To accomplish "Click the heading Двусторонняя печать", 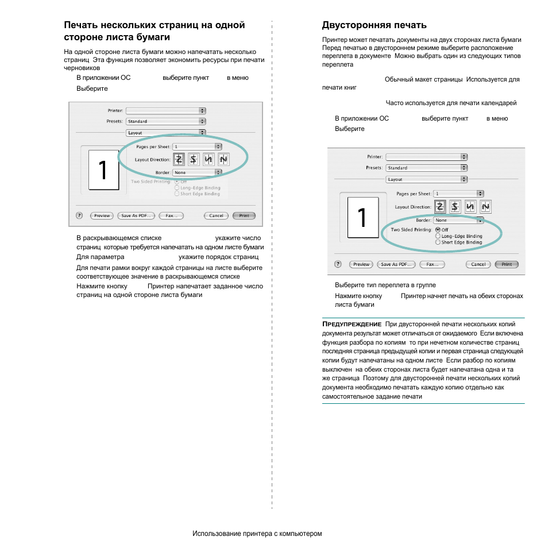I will tap(374, 25).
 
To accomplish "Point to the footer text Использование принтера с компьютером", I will tap(257, 534).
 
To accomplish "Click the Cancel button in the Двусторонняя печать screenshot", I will tap(478, 264).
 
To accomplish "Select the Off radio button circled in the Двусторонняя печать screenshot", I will tap(438, 230).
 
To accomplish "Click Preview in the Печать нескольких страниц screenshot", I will tap(102, 216).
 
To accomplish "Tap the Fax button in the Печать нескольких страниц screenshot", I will tap(171, 216).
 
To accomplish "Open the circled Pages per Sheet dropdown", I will tap(198, 146).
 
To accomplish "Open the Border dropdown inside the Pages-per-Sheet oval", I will tap(197, 172).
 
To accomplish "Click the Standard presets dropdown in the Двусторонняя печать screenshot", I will tap(426, 168).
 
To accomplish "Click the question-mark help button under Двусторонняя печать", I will tap(339, 264).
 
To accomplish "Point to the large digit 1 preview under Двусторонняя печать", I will tap(362, 219).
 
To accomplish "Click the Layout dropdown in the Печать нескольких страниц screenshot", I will tap(165, 133).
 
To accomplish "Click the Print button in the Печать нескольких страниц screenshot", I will tap(244, 216).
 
